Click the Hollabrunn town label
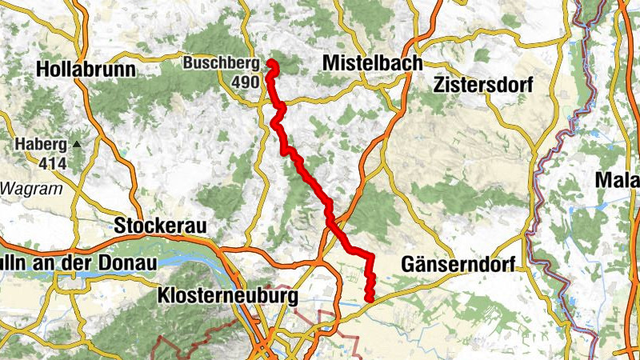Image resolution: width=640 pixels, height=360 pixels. point(86,70)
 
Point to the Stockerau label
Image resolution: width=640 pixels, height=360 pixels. point(160,226)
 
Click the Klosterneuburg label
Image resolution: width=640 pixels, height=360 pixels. point(228,296)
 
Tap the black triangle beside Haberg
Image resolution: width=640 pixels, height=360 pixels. point(77,144)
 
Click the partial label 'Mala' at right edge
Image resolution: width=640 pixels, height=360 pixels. point(618,182)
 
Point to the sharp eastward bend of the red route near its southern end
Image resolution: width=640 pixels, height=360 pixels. point(370,256)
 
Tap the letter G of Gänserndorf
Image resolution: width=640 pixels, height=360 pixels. point(408,265)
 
